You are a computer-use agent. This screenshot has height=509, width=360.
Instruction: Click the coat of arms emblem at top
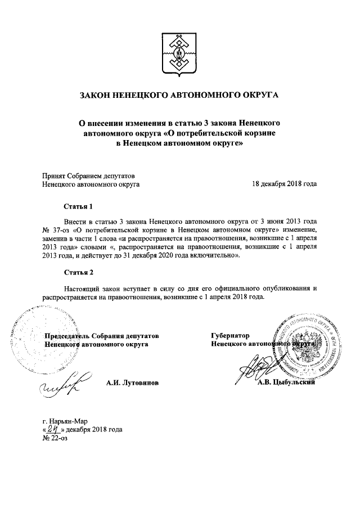(x=179, y=53)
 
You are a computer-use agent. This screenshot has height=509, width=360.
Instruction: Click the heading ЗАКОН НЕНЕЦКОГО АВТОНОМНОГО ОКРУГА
(x=179, y=97)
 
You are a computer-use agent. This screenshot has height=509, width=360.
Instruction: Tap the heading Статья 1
(x=78, y=207)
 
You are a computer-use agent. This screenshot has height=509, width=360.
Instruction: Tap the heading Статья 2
(x=78, y=272)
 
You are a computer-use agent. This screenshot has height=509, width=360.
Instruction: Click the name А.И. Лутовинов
(x=132, y=382)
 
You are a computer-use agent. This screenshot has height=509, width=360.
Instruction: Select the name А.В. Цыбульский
(x=292, y=384)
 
